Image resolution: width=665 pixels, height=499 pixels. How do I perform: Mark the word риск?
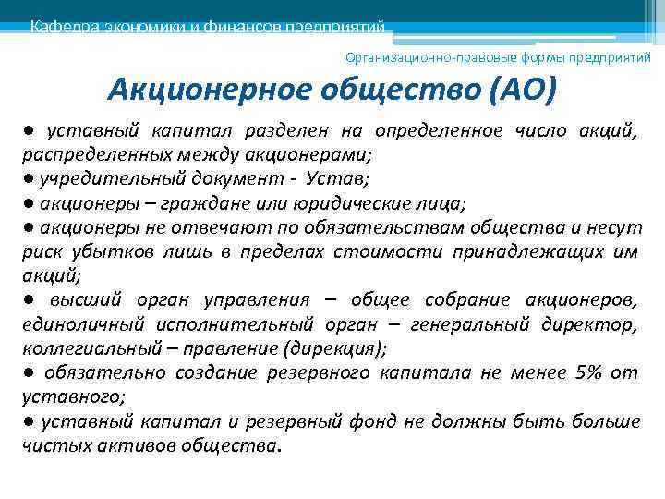[42, 251]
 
